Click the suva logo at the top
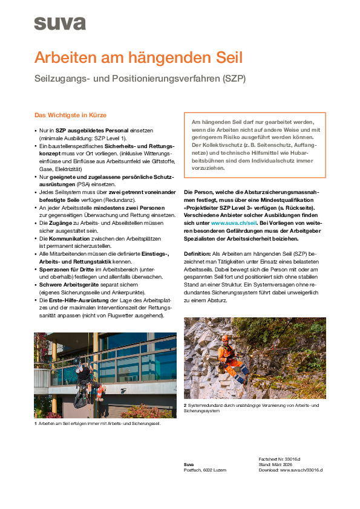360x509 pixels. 59,24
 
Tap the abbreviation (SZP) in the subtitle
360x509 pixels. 234,79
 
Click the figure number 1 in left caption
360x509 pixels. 35,423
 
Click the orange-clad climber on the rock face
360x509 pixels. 228,357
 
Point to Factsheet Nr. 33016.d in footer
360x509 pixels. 279,459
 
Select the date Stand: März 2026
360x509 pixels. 275,464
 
